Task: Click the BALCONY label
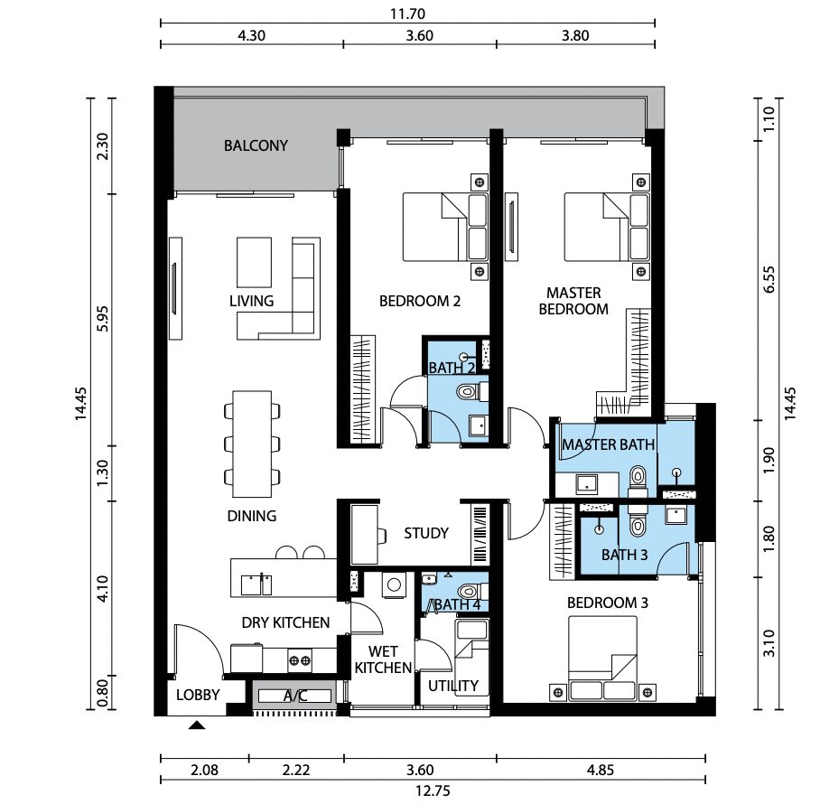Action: point(256,145)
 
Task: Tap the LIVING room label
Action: point(252,301)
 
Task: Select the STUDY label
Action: point(426,533)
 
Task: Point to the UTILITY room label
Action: point(452,686)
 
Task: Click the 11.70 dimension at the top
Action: point(407,14)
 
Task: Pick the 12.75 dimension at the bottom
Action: point(433,791)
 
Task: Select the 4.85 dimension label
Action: point(601,770)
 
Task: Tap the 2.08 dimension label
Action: point(204,770)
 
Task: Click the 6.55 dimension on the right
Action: point(769,280)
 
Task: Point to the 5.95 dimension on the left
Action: point(103,318)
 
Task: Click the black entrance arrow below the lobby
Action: point(197,725)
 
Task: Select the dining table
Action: point(252,444)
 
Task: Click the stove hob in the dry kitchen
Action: point(300,660)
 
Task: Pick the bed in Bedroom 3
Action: point(602,658)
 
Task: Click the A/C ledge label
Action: point(295,696)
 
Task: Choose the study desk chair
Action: point(382,536)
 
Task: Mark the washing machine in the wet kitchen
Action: point(394,584)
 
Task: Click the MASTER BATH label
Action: point(608,444)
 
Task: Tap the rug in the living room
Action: point(254,262)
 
